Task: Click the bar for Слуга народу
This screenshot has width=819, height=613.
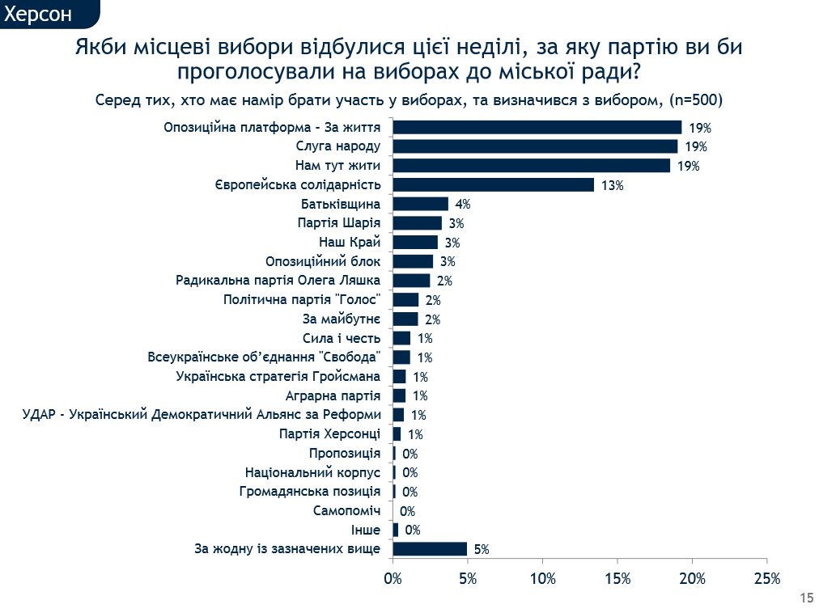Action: point(535,146)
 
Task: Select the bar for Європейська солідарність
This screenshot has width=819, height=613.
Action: point(493,184)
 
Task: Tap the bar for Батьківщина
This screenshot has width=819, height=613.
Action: point(420,204)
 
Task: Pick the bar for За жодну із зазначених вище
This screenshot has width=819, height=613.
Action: point(430,549)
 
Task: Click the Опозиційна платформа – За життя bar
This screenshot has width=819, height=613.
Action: point(537,127)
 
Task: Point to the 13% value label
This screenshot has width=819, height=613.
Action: point(612,185)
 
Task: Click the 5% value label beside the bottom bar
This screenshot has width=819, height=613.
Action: point(482,550)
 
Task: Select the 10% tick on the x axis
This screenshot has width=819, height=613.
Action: point(542,578)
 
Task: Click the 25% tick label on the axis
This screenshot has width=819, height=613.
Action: point(766,578)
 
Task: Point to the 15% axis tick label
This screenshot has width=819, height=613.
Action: point(617,578)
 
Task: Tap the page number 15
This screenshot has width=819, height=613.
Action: point(805,598)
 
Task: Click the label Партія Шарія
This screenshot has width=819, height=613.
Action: point(339,223)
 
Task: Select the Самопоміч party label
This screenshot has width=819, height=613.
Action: point(346,511)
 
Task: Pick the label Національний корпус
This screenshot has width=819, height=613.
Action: point(312,472)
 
